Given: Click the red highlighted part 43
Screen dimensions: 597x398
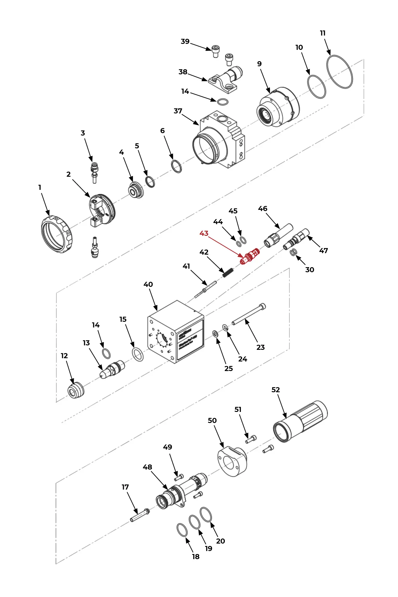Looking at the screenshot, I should (x=250, y=256).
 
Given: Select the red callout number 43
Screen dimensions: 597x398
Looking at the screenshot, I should (x=204, y=233).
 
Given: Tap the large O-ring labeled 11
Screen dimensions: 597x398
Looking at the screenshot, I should (x=339, y=72).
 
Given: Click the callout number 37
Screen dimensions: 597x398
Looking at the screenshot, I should (x=178, y=111).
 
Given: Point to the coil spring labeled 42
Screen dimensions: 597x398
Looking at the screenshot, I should (x=228, y=272).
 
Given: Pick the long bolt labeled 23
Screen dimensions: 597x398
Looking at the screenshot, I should (x=248, y=314).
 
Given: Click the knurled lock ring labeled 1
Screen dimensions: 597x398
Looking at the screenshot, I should (x=56, y=234).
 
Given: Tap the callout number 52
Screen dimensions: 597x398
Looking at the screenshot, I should (x=276, y=390).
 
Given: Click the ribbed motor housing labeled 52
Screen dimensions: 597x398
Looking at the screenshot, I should (x=300, y=421).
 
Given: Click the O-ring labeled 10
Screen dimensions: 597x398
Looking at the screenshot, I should (x=316, y=87).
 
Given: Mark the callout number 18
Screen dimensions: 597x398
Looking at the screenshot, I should (x=196, y=556).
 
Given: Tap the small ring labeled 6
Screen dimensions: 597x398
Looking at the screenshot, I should (x=176, y=167).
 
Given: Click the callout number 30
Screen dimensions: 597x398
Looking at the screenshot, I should (x=310, y=270).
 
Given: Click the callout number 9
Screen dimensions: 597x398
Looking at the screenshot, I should (x=259, y=64).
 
